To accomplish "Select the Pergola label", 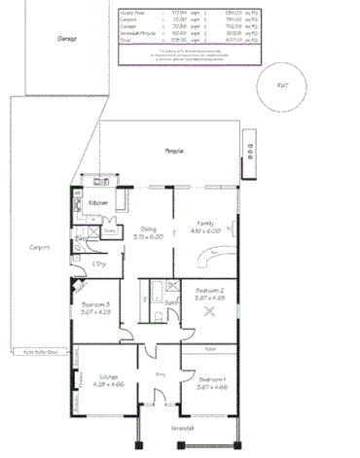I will (x=175, y=152).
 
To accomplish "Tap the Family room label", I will (x=205, y=223).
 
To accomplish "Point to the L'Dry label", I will (x=98, y=264).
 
